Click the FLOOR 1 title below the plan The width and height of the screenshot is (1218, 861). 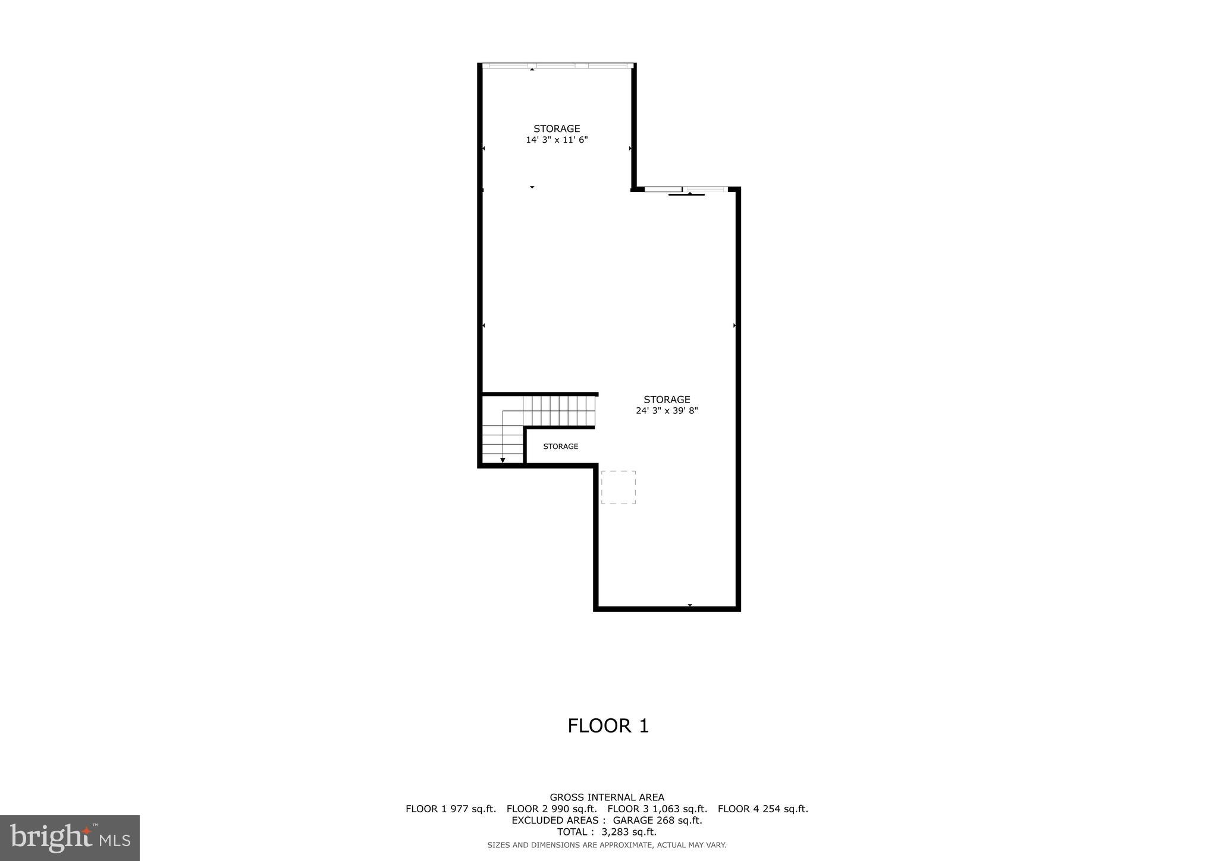click(608, 726)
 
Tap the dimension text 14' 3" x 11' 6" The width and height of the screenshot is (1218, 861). click(557, 140)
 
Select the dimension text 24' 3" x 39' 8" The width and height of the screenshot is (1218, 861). click(667, 410)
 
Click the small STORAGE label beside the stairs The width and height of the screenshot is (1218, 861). click(560, 447)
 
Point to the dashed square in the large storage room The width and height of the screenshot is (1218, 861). click(619, 488)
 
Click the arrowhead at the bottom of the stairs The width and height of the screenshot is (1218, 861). click(503, 460)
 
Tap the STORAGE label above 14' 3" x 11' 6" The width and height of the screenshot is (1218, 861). click(557, 128)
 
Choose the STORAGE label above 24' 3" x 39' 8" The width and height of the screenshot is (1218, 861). click(667, 400)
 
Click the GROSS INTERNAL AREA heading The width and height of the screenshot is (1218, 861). click(607, 797)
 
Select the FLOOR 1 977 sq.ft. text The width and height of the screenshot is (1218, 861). click(451, 809)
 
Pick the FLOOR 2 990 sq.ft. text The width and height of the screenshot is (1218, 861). click(551, 809)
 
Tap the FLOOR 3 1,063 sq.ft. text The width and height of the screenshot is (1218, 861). click(657, 809)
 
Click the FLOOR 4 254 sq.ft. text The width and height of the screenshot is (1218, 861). click(762, 809)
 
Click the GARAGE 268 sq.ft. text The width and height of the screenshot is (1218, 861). click(657, 821)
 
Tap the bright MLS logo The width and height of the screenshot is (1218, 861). click(70, 838)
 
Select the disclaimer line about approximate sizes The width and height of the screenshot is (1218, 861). click(607, 845)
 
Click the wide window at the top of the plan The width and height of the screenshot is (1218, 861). click(557, 65)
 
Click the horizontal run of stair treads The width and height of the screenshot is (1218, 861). click(559, 411)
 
